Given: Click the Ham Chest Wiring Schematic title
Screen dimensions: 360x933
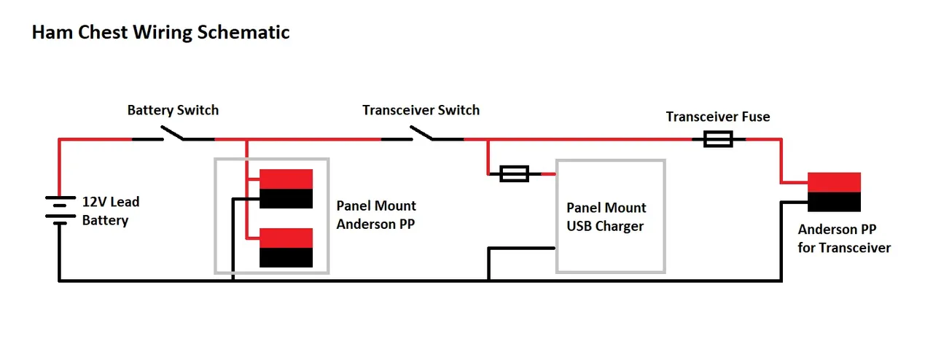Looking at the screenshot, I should (160, 33).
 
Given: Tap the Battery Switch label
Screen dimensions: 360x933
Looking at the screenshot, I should (173, 111).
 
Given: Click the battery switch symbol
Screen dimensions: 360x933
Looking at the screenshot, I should (173, 134).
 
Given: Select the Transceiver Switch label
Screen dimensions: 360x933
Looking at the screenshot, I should (421, 110).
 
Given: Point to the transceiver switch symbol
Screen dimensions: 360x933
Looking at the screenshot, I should (421, 134).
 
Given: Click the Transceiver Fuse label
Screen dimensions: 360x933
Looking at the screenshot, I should (717, 117).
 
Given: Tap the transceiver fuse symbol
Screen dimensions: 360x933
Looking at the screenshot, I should (717, 139).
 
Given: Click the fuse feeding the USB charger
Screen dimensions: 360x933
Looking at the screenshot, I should (514, 173).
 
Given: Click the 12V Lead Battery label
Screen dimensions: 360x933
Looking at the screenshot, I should (110, 211).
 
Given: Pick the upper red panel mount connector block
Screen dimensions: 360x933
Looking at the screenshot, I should (286, 179).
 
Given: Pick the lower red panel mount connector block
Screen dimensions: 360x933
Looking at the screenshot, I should (286, 238).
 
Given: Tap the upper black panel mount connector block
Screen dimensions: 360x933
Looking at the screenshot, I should (286, 198).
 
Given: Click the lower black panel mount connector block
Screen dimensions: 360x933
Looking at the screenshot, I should (286, 257).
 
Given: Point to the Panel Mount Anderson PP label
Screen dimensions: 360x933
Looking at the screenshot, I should (376, 215).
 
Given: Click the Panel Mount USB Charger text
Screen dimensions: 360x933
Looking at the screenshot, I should (606, 217).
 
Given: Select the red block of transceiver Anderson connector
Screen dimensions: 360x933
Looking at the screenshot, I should (834, 182).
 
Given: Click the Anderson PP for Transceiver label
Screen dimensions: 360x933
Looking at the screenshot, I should (844, 238).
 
